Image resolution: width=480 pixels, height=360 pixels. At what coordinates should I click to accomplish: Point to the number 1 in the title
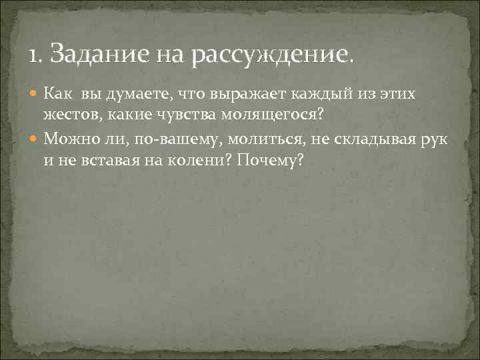click(32, 52)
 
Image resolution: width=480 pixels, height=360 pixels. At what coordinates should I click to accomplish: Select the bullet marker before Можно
click(35, 139)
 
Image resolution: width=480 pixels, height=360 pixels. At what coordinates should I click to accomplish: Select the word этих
click(397, 94)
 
